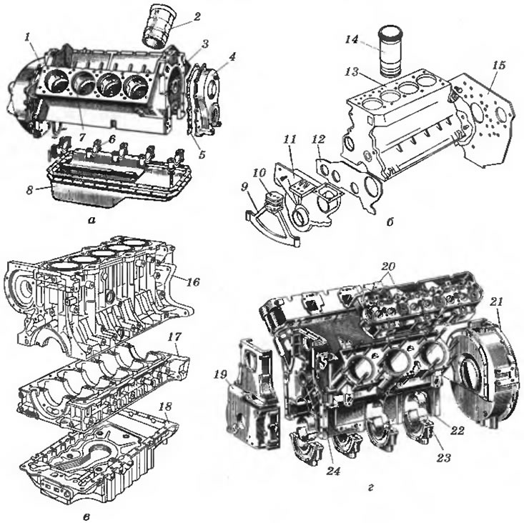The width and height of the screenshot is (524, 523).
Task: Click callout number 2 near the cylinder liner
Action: (197, 16)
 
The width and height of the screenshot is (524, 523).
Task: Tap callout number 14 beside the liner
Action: (352, 40)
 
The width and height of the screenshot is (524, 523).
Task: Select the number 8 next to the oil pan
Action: (30, 191)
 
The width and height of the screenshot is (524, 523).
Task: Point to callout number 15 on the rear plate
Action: (498, 65)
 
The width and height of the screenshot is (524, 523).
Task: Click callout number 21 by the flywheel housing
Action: (497, 302)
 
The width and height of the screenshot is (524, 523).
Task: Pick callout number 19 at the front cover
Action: (220, 374)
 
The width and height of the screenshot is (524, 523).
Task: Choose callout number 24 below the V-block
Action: (334, 472)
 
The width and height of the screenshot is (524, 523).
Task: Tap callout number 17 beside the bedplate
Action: (174, 337)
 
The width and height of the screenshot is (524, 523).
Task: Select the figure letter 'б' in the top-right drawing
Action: (390, 221)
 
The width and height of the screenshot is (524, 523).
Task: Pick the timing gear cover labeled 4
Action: (205, 100)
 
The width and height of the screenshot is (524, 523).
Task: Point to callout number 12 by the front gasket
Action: (318, 139)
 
